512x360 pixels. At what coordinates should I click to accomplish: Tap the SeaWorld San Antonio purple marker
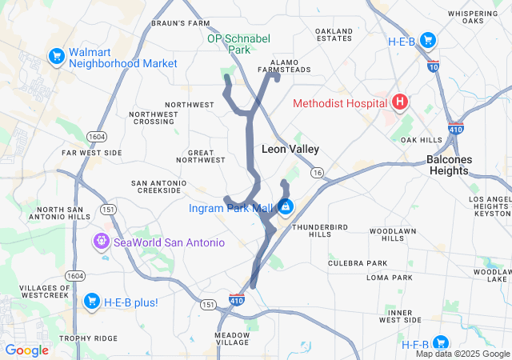pos(101,241)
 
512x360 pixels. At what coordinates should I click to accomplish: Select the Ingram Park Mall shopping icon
pos(285,208)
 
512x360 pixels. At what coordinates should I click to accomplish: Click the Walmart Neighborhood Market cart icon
pos(56,57)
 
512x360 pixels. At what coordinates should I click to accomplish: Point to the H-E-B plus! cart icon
pos(91,302)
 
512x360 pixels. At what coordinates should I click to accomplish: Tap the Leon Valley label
pos(290,149)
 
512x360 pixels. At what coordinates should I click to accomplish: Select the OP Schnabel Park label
pos(238,43)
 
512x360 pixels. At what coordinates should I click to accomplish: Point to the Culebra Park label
pos(357,262)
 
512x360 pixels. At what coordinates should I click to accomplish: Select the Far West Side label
pos(92,152)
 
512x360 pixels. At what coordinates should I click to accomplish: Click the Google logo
pos(27,350)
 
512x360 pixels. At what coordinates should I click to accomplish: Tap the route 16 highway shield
pos(318,173)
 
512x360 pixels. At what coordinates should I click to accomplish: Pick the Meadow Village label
pos(232,338)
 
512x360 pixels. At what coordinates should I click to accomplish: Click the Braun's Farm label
pos(180,23)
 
